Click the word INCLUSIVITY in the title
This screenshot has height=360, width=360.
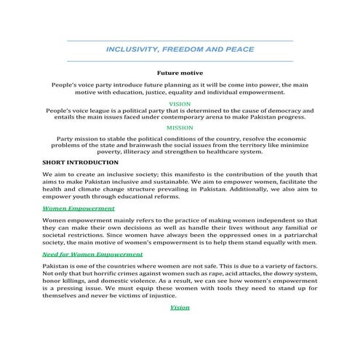[x=133, y=50]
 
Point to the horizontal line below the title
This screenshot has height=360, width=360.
[x=180, y=61]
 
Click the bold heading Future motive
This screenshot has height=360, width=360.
[x=180, y=73]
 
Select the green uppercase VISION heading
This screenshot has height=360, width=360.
[x=180, y=105]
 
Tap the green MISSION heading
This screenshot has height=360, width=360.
[x=180, y=127]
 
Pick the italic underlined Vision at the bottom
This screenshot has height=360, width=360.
[x=180, y=308]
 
